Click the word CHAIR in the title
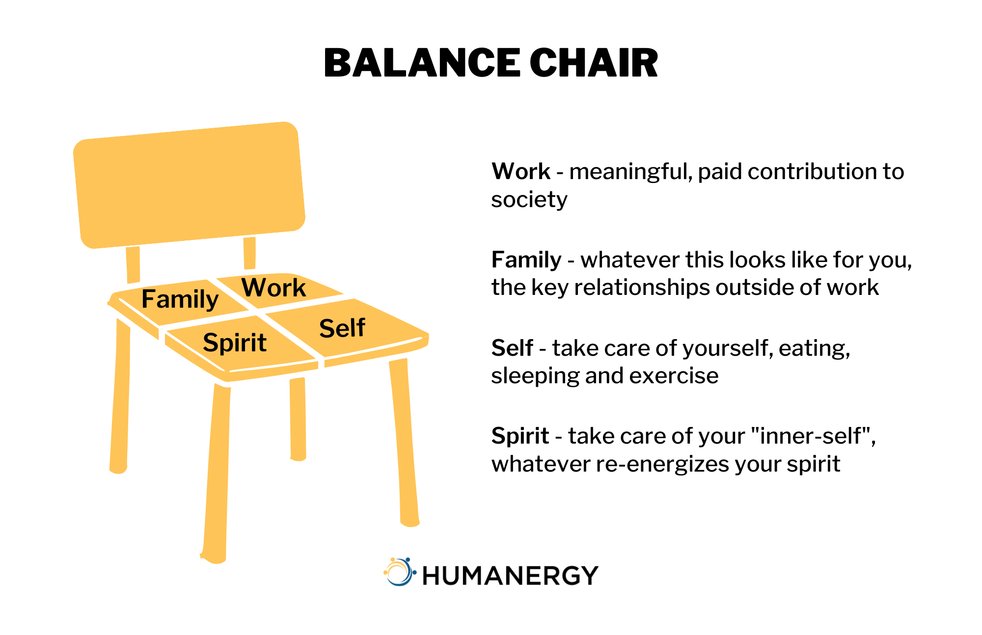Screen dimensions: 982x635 click(x=594, y=63)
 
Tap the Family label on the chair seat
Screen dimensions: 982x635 click(x=180, y=300)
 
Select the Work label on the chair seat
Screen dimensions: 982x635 click(x=273, y=288)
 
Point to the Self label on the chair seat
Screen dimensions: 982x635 click(x=342, y=328)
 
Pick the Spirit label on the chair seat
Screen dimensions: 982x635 click(x=235, y=343)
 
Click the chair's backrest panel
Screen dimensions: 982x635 click(x=189, y=185)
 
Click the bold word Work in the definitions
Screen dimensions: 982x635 click(x=521, y=172)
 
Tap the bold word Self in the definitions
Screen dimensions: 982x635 click(x=512, y=348)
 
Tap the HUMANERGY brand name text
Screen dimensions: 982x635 click(x=510, y=576)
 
